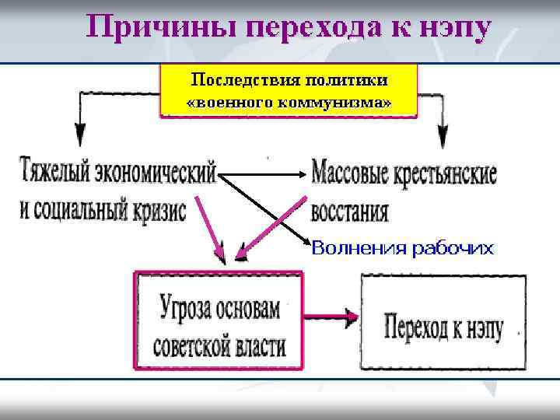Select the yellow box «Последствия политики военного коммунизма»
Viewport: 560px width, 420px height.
click(x=289, y=90)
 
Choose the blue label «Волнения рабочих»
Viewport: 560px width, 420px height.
click(x=402, y=248)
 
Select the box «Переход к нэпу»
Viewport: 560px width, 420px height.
click(x=443, y=321)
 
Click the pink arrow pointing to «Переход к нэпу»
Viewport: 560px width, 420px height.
click(x=331, y=317)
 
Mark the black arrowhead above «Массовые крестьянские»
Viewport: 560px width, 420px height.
click(x=442, y=138)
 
